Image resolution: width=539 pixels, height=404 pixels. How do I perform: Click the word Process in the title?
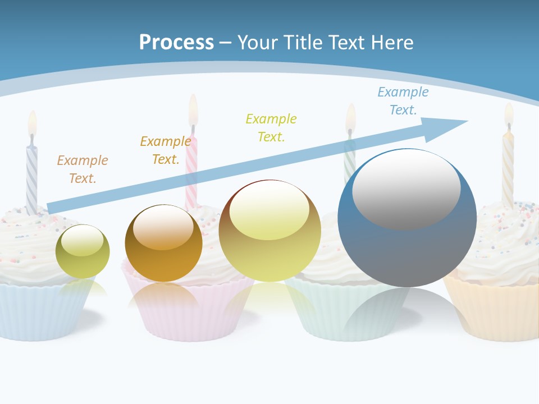tap(176, 43)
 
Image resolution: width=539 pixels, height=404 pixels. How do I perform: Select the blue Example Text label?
tap(403, 101)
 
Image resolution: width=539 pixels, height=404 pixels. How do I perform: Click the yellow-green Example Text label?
tap(271, 128)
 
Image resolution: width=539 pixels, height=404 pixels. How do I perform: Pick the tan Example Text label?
tap(83, 169)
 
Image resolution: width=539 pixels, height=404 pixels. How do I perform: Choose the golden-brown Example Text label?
tap(166, 150)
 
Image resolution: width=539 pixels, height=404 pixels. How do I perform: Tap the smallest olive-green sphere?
tap(83, 251)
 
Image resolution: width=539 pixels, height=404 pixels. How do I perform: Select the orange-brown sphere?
tap(163, 243)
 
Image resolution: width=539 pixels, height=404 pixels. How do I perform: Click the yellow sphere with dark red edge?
tap(269, 231)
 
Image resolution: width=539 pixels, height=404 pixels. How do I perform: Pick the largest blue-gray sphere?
tap(407, 218)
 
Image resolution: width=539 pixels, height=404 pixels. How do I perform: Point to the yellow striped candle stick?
tap(508, 168)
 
